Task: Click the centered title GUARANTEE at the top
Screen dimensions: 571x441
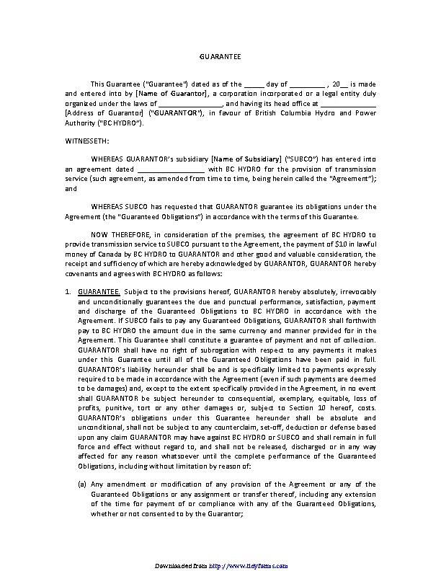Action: pos(220,56)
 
